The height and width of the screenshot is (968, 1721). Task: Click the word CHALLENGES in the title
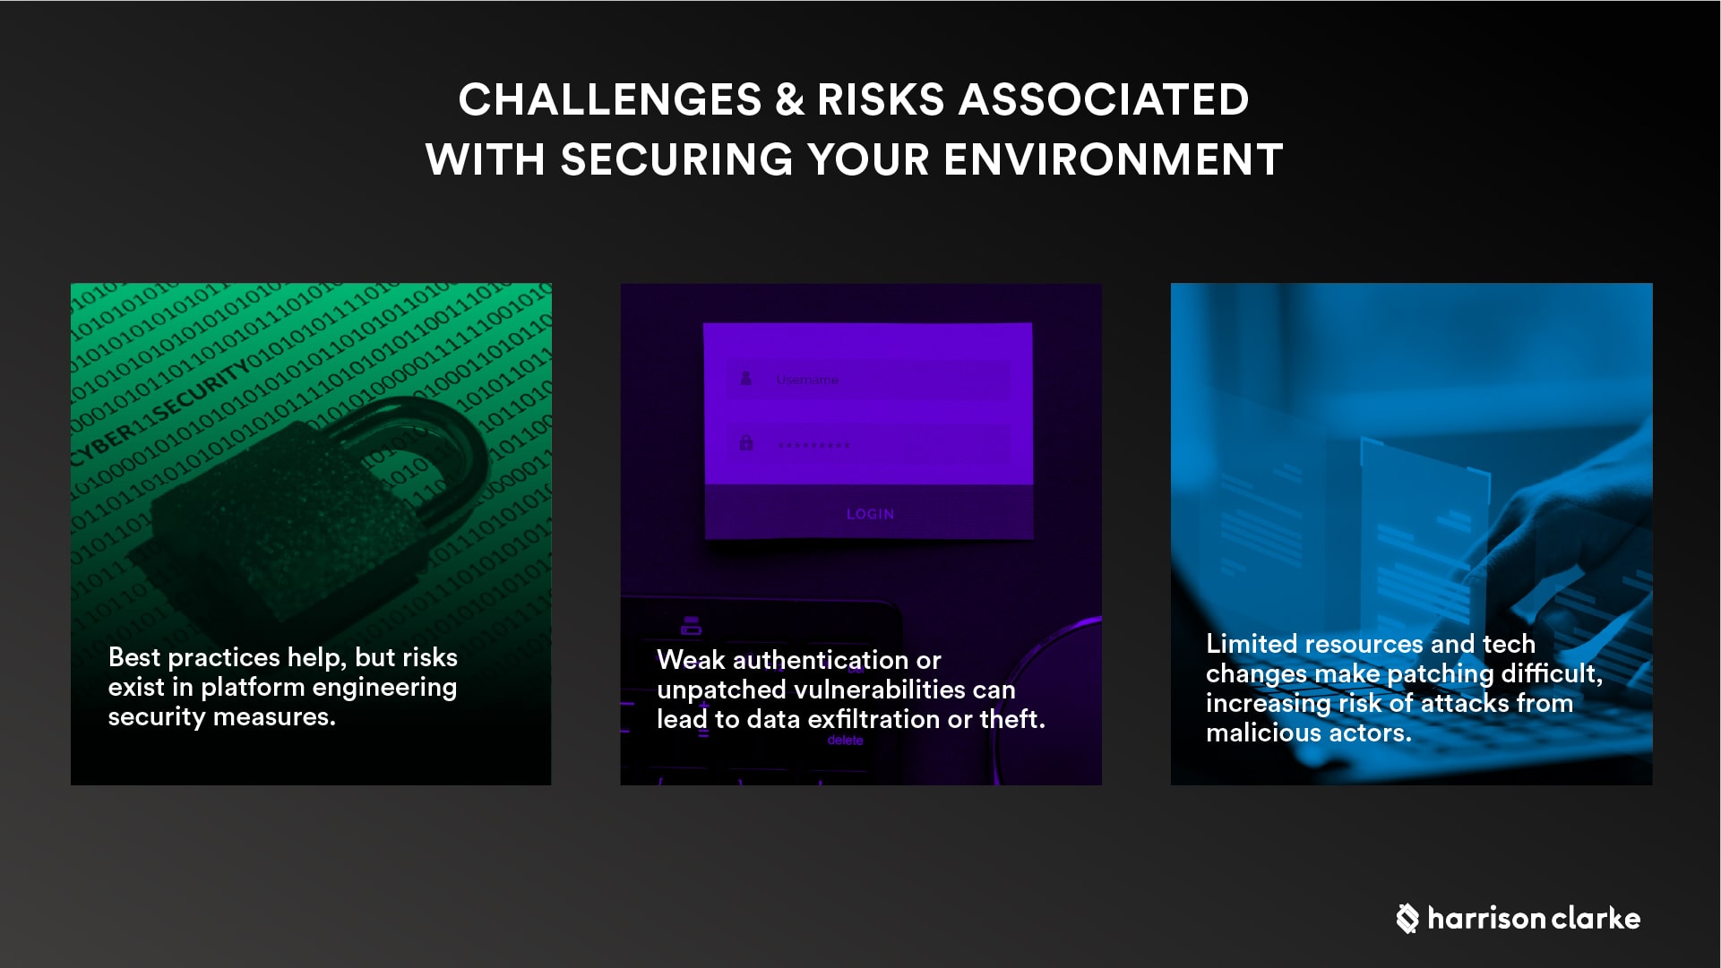point(609,99)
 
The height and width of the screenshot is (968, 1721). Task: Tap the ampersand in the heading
point(789,99)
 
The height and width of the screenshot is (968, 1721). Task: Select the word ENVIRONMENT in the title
point(1113,160)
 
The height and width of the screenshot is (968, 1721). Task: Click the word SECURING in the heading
point(676,160)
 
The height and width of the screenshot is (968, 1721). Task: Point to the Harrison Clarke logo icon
point(1407,918)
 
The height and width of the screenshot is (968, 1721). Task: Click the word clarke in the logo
point(1596,918)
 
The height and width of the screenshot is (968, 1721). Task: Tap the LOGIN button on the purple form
point(870,514)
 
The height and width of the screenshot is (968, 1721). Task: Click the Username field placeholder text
point(807,380)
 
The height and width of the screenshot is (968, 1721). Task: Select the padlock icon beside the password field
point(745,443)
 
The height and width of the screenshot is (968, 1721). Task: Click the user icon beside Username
point(745,379)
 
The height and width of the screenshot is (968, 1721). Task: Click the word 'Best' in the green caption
point(134,657)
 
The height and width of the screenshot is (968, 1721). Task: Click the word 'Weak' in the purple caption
point(691,660)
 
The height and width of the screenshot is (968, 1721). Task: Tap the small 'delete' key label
point(845,741)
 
